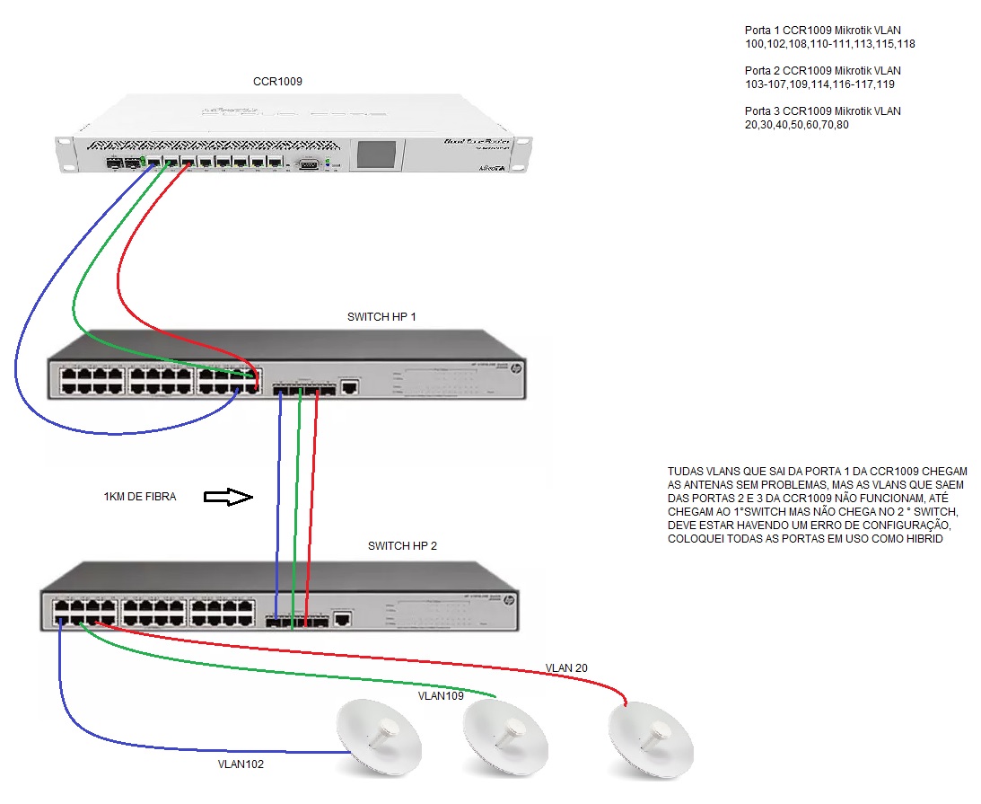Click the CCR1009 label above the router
coord(277,81)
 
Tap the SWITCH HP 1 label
coord(381,317)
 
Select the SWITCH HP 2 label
coord(402,545)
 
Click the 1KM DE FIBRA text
coord(140,496)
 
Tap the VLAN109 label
coord(441,695)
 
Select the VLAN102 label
coord(241,764)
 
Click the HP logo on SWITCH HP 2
coord(509,599)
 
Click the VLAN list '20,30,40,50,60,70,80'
coord(796,124)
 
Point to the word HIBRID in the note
coord(921,539)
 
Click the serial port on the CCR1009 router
coord(308,163)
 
